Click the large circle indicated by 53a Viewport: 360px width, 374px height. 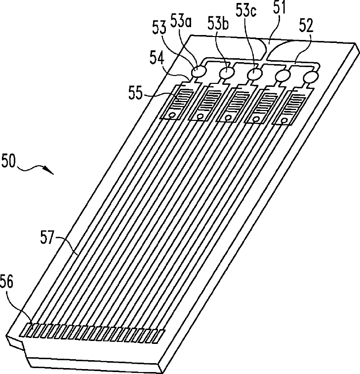(199, 72)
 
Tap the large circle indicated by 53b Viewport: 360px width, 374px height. (227, 73)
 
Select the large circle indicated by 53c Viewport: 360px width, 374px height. (255, 74)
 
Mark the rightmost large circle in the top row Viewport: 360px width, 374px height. (311, 77)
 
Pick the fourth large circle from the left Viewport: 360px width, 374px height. (283, 76)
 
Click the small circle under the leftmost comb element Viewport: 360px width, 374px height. (172, 115)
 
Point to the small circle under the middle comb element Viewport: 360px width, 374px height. (228, 117)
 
